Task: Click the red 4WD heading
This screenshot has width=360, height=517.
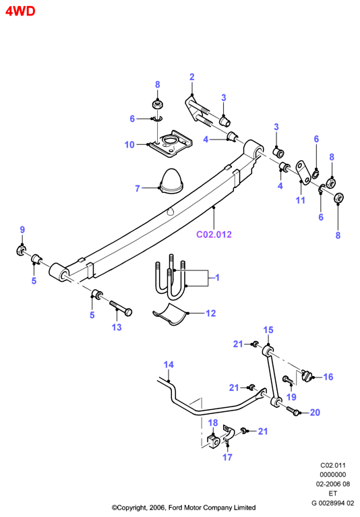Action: coord(20,11)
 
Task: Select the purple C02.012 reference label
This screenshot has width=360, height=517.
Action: coord(214,235)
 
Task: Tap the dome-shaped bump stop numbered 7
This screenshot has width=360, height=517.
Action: coord(171,181)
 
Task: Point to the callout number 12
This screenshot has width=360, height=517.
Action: coord(210,313)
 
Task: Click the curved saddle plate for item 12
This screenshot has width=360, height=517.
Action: coord(171,314)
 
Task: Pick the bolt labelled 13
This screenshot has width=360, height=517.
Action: coord(121,307)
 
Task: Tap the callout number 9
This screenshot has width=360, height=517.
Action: coord(22,229)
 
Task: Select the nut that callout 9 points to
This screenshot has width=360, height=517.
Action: coord(21,250)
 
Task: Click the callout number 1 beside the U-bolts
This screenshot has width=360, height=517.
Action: coord(217,278)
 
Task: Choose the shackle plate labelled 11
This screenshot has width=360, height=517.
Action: coord(303,173)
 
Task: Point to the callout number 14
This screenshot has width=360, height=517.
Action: coord(169,365)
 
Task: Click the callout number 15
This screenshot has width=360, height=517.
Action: coord(268,330)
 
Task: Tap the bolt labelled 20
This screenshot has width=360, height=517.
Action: coord(293,410)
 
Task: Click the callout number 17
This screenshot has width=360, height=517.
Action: coord(227,457)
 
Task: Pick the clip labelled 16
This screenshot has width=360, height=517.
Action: coord(307,375)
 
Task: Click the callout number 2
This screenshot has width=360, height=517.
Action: coord(192,77)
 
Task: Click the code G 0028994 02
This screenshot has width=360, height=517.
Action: coord(332,503)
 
